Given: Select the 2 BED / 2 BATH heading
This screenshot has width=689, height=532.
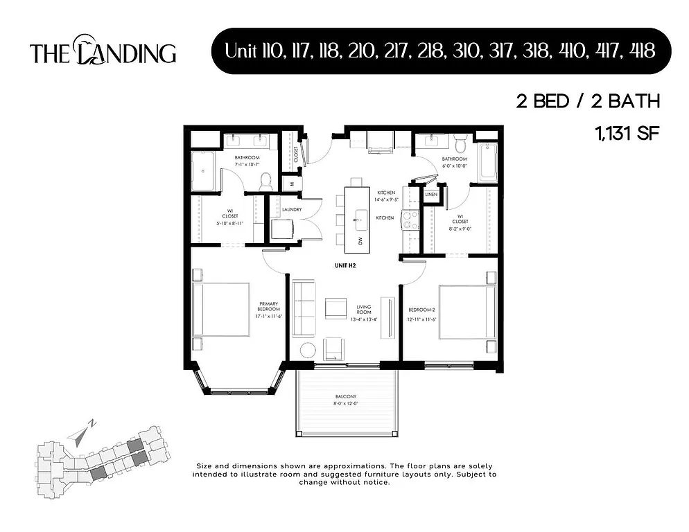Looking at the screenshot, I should tap(587, 102).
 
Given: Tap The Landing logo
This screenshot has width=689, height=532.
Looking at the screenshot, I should tap(103, 53).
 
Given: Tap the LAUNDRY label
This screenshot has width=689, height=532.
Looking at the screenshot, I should tap(290, 209).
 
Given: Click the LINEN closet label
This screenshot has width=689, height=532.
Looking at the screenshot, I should tap(430, 195).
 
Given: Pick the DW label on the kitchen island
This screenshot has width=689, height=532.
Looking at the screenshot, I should tap(360, 240).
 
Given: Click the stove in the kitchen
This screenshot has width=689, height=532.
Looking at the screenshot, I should tap(409, 220).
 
